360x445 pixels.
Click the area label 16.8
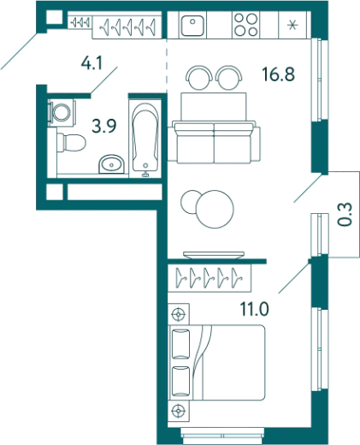279,74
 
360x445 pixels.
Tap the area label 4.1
91,63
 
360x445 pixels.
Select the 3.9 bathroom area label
104,126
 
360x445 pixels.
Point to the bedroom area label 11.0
255,309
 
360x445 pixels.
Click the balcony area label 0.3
346,214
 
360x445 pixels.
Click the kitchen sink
192,26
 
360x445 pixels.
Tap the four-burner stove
245,25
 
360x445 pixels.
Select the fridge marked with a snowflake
292,25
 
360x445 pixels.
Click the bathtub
145,139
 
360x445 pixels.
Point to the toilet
71,142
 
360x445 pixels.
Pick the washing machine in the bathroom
62,113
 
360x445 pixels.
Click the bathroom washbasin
111,164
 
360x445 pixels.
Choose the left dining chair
199,77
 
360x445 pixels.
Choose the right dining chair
229,77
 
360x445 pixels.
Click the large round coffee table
215,209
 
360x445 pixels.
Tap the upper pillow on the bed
181,344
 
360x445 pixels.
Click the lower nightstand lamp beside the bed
179,411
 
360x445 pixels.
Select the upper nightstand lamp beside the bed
179,315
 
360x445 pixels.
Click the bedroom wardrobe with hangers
210,278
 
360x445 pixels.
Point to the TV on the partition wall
214,255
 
